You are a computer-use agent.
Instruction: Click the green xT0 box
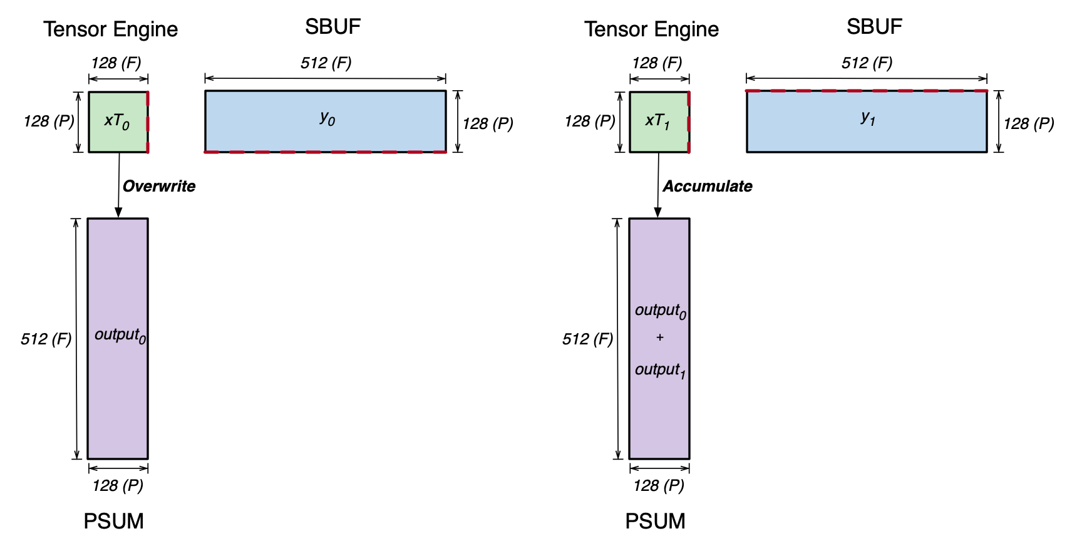118,121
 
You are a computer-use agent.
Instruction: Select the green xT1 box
659,121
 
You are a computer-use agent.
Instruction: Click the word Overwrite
159,186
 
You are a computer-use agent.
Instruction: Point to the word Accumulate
708,186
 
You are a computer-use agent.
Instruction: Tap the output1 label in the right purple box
660,370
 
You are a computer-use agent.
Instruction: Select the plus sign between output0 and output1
659,337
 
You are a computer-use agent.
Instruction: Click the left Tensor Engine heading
111,29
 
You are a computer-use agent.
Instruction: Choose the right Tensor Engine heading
652,29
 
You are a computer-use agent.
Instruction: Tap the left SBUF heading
332,27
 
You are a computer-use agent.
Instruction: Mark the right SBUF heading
874,27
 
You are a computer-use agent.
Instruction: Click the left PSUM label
114,521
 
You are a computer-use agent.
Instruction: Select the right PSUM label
655,521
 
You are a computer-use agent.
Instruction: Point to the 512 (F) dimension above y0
326,63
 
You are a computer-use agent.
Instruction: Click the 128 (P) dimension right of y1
1029,123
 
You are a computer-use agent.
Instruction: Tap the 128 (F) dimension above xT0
116,63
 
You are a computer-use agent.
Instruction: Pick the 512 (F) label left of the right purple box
587,339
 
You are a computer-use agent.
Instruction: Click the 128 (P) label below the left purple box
118,485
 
